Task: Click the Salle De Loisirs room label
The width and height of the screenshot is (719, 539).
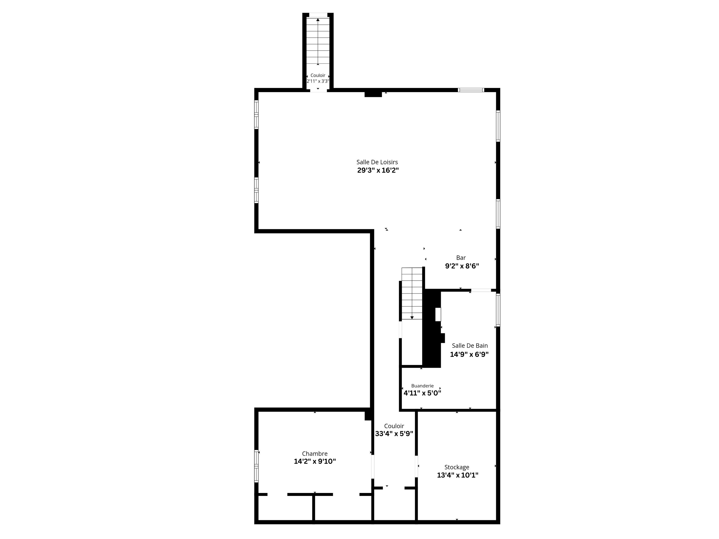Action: pos(377,162)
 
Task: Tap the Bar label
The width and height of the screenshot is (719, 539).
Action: pos(461,258)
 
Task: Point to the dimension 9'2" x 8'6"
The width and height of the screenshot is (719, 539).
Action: pos(462,266)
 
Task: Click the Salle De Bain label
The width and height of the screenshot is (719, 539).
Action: pos(470,346)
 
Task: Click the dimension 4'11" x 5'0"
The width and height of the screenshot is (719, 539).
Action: pos(422,393)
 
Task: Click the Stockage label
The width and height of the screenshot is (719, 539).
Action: pos(457,467)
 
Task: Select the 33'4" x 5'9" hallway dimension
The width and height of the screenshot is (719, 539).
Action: pos(394,434)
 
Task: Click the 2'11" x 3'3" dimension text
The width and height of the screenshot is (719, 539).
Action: pos(318,81)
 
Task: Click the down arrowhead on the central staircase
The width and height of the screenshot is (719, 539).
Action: pos(412,317)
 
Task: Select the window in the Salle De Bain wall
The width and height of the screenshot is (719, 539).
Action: pos(498,310)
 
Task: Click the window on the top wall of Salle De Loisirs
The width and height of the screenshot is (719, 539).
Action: pos(471,90)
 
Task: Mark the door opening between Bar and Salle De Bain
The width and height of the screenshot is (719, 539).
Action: pos(481,290)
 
